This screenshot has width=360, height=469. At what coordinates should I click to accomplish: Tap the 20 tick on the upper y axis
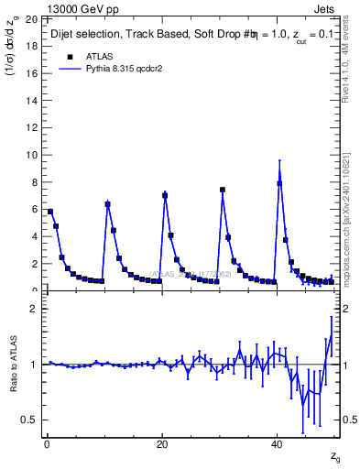30,18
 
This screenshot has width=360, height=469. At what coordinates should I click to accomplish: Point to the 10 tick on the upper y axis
30,155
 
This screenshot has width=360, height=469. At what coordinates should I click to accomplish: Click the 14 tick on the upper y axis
30,100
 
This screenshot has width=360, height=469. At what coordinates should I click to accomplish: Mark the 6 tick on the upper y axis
33,209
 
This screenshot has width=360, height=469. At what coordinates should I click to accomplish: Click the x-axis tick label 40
278,445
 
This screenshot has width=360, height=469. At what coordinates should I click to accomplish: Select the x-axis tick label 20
162,445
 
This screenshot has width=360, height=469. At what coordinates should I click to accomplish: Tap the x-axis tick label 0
46,445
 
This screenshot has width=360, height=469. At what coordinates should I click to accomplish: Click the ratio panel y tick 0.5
28,420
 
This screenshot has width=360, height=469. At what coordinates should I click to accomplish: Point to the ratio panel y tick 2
33,309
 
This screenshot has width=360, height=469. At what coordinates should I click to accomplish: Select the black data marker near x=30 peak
223,190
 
